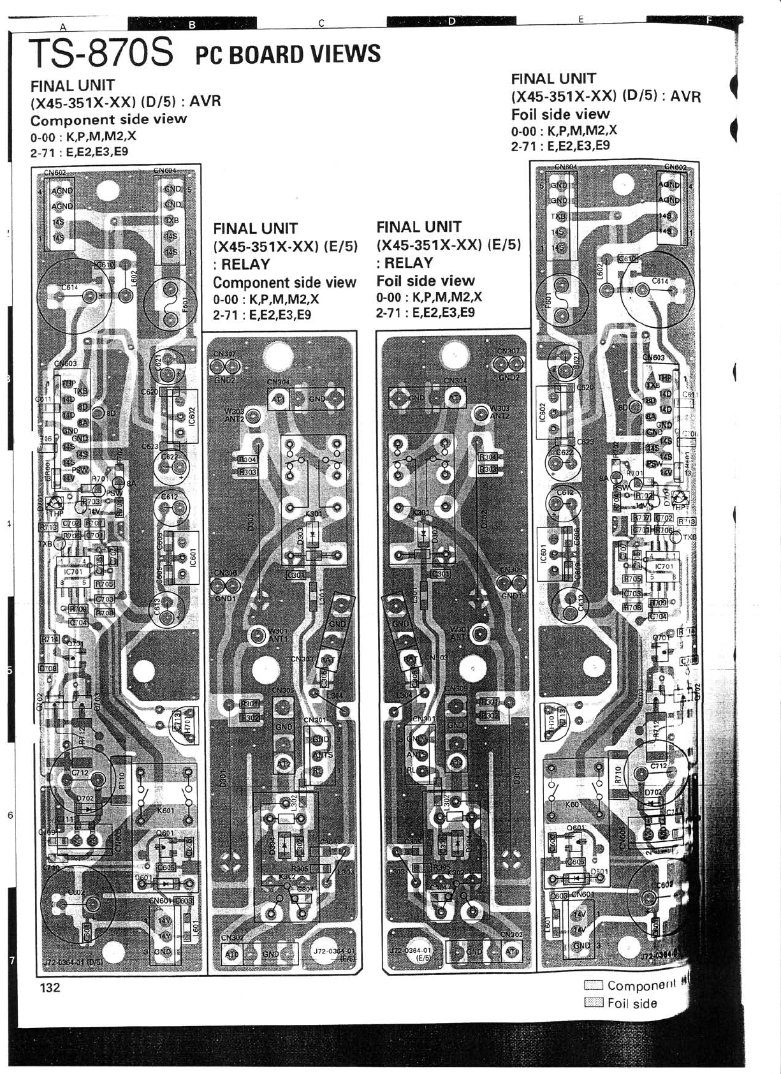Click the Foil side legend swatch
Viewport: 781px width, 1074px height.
[594, 1003]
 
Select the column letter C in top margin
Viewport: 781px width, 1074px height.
[322, 24]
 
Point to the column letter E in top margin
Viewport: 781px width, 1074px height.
[581, 20]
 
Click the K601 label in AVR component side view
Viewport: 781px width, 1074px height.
[165, 810]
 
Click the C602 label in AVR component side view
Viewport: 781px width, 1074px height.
[77, 892]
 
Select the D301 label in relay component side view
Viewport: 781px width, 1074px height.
[223, 778]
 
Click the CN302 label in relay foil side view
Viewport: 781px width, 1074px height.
[511, 934]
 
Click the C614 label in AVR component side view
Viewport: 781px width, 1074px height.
[69, 288]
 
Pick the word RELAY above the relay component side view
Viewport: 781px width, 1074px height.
[242, 264]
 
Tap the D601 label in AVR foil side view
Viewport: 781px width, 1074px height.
[599, 871]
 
